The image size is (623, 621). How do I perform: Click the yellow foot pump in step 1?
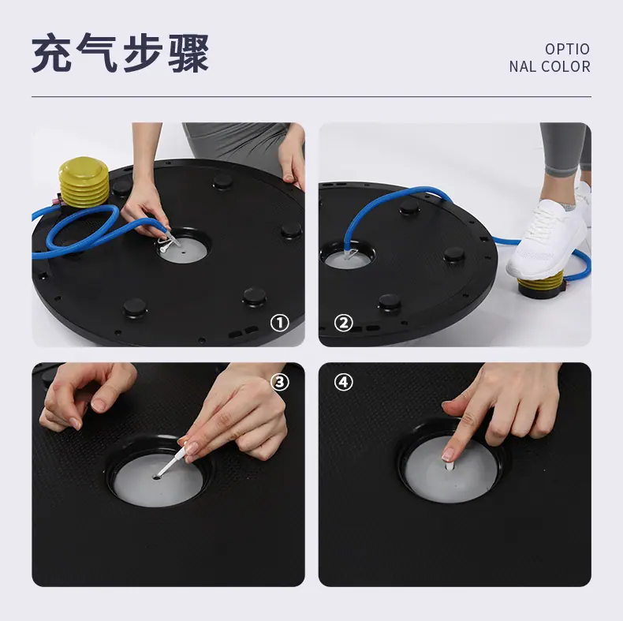point(84,182)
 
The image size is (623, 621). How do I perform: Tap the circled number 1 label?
point(280,323)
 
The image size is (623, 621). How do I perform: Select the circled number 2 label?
point(344,323)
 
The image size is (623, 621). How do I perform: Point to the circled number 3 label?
point(280,382)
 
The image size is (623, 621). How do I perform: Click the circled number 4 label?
point(344,382)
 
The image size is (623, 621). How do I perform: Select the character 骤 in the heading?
point(188,53)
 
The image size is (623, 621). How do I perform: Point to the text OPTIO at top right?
point(567,49)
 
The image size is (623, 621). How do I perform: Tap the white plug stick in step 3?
point(172,460)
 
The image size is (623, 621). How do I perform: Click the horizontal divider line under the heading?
point(311,96)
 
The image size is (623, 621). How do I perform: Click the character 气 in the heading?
point(97,53)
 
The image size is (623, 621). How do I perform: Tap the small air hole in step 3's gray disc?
point(156,477)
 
